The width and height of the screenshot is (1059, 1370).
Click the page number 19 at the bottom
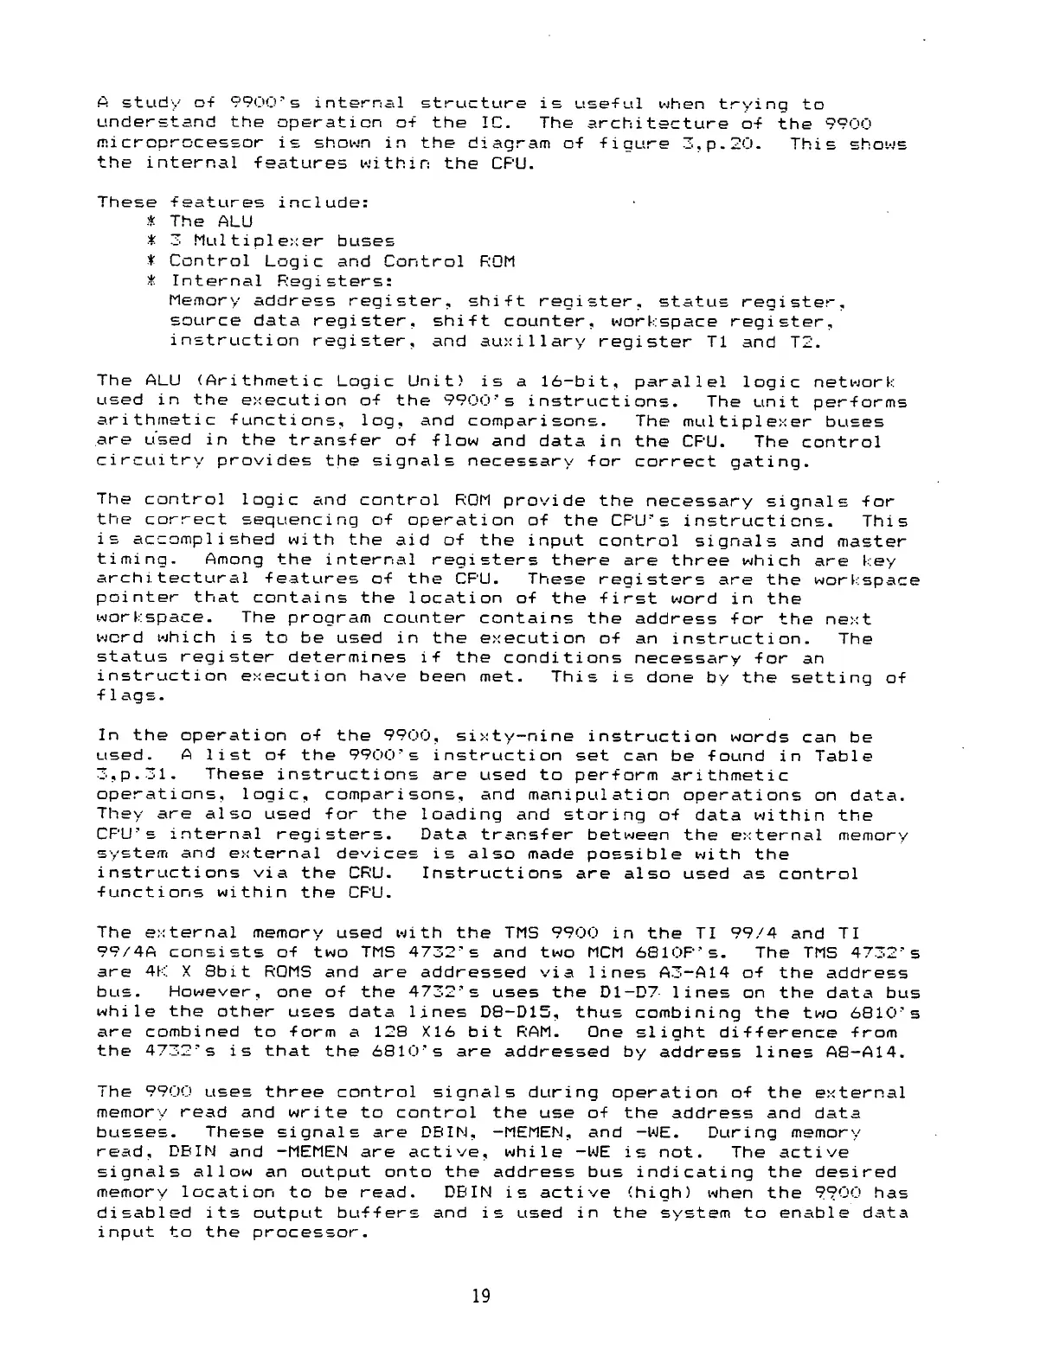481,1296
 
